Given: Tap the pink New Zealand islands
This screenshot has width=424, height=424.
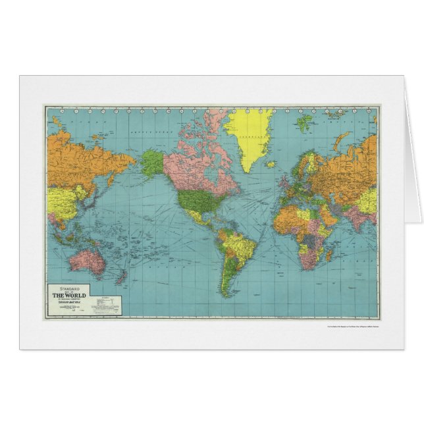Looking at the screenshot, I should [120, 277].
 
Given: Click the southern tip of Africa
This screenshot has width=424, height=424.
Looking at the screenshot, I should [306, 266].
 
